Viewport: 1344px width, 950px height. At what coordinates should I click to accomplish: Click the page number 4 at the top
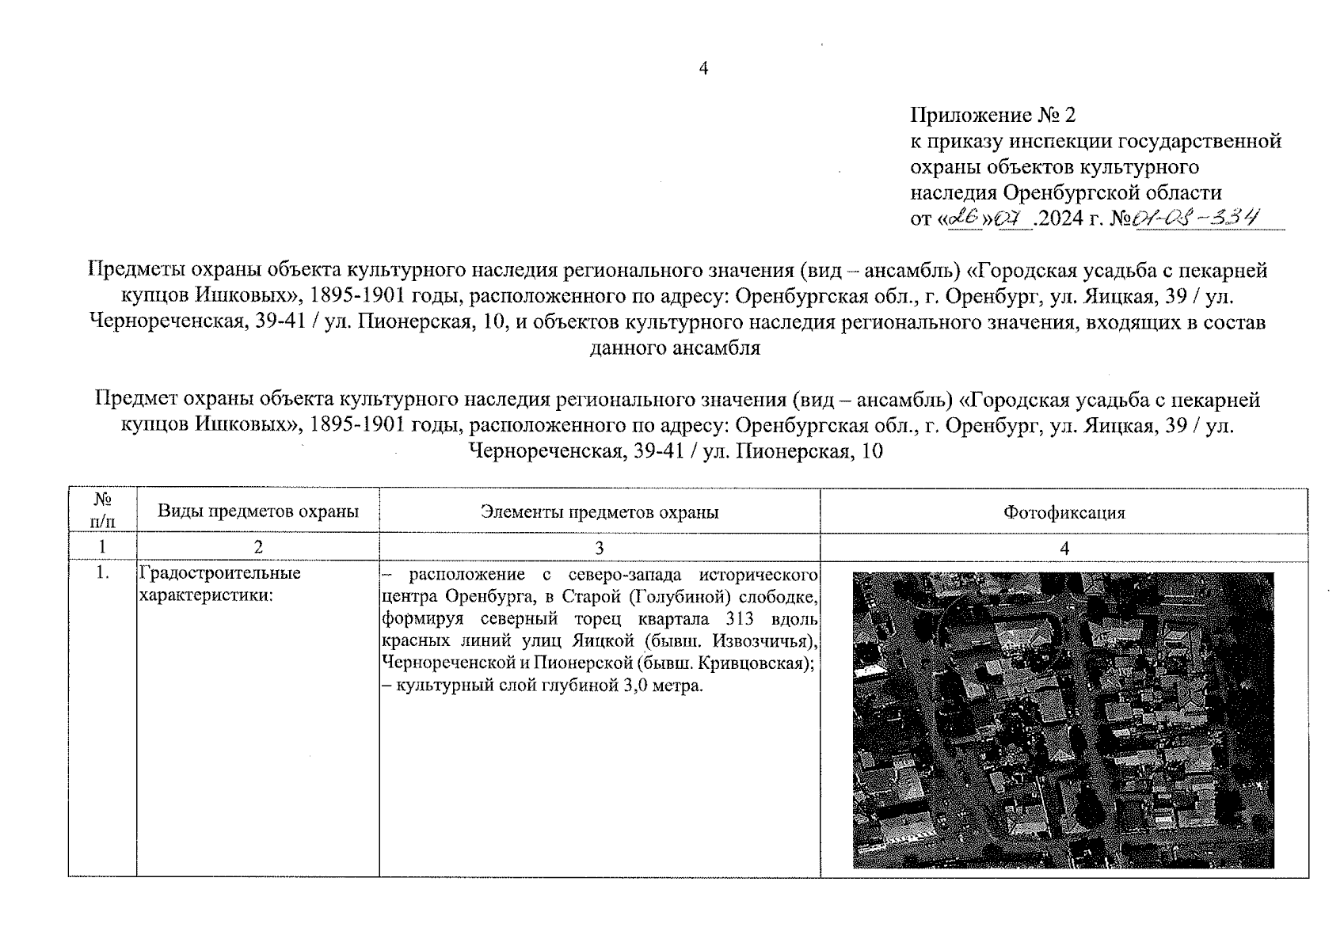tap(702, 69)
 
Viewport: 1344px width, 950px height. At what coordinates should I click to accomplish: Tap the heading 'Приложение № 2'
tap(993, 116)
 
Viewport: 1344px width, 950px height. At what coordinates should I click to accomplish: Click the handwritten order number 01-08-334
tap(1197, 217)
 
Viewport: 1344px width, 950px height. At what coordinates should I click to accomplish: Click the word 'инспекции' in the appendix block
tap(1053, 142)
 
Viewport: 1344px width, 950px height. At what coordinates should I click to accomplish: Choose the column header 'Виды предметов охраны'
tap(257, 511)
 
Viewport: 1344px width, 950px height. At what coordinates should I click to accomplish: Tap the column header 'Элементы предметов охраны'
tap(600, 512)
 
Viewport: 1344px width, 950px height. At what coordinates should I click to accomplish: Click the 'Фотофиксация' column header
tap(1064, 512)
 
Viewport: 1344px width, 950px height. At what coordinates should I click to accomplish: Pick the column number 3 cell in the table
tap(600, 547)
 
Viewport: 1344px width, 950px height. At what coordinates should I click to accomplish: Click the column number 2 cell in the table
tap(257, 547)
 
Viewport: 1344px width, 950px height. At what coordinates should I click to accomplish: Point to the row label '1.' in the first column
tap(103, 572)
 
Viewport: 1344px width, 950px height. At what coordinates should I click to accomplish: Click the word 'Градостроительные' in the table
tap(219, 572)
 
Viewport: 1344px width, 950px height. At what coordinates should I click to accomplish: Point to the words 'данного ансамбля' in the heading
tap(675, 348)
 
